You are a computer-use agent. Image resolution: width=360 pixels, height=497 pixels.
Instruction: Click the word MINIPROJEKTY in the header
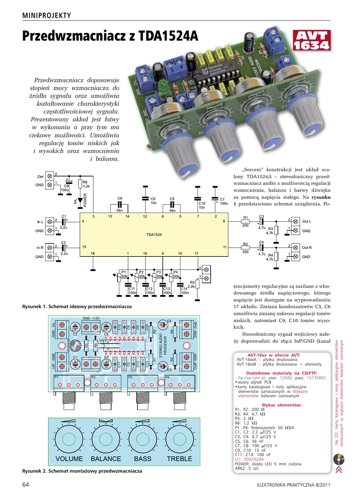pos(47,16)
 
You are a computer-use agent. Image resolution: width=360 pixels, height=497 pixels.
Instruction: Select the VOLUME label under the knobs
pos(69,459)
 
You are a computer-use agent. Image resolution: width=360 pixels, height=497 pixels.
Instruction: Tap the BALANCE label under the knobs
pos(106,459)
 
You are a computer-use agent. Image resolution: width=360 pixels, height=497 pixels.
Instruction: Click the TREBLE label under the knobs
pos(180,459)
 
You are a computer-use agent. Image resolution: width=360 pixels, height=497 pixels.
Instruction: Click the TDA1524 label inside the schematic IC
pos(154,234)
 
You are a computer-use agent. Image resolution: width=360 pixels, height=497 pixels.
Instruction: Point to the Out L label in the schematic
pos(307,221)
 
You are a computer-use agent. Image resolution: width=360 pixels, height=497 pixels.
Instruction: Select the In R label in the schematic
pos(40,248)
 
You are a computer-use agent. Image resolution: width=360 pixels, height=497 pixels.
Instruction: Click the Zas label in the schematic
pos(40,176)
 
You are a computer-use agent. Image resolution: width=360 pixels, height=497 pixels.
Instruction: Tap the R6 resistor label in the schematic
pos(85,182)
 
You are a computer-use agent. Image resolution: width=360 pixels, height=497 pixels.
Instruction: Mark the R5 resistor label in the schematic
pos(192,282)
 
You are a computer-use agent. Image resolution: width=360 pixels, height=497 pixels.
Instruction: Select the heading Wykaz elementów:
pos(282,405)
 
